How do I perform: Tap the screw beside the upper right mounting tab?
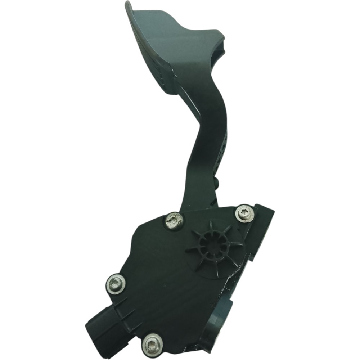(244, 213)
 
